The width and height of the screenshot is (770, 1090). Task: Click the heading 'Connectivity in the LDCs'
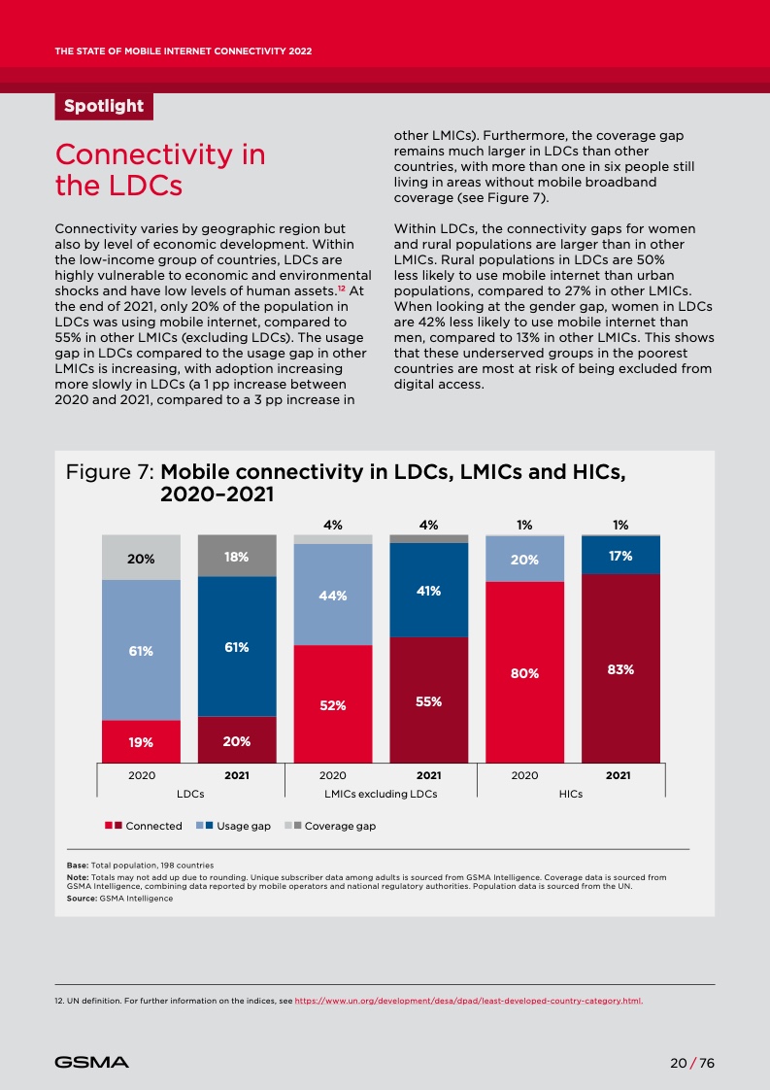160,169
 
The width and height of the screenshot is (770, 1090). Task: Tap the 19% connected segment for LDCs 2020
141,742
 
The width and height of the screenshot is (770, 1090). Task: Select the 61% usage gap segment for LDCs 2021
237,646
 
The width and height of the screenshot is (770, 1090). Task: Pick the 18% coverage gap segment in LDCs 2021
237,557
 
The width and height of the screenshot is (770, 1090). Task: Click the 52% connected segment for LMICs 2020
333,705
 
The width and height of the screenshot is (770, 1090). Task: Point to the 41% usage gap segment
429,590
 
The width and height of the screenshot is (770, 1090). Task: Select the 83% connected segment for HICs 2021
620,668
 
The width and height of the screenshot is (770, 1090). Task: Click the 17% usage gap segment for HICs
620,556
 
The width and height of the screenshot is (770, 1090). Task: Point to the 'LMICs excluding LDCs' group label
381,795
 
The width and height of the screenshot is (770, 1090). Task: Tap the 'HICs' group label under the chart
572,795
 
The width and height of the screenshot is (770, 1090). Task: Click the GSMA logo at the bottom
91,1063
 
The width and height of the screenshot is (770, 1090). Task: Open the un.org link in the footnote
468,1000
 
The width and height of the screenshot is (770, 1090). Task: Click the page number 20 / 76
692,1063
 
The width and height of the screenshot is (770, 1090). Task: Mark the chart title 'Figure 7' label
108,473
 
